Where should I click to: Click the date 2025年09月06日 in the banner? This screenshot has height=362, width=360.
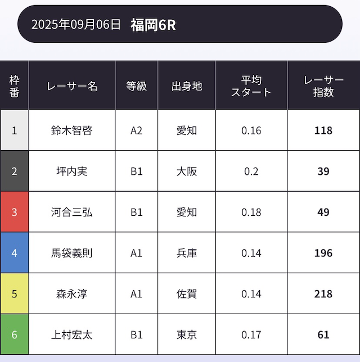pos(76,24)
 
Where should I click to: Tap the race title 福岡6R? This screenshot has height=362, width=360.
pos(153,25)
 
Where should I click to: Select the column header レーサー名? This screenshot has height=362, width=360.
pos(72,86)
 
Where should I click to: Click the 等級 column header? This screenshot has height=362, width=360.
pos(137,86)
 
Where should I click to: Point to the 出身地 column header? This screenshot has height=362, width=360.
pos(187,86)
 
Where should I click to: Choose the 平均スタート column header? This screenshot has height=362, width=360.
pos(251,86)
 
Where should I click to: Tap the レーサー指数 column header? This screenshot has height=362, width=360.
pos(323,86)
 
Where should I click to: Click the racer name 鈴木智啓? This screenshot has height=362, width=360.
pos(72,130)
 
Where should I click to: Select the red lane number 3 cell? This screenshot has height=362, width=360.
pos(15,212)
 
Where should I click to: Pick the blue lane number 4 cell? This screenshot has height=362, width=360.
pos(15,253)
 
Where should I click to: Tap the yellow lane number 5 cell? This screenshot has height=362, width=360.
pos(15,294)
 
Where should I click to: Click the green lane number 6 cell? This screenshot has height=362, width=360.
pos(15,335)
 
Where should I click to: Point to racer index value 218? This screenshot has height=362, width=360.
pos(323,294)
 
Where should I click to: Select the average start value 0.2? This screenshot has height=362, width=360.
pos(251,171)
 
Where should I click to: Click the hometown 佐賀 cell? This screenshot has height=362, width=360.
pos(187,294)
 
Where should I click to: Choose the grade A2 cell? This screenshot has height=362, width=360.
pos(137,130)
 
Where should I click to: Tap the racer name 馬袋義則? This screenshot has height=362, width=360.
pos(72,253)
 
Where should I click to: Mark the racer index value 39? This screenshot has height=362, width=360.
pos(323,171)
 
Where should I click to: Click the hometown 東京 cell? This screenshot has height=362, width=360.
pos(187,335)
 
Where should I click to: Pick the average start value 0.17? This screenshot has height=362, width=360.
pos(251,335)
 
